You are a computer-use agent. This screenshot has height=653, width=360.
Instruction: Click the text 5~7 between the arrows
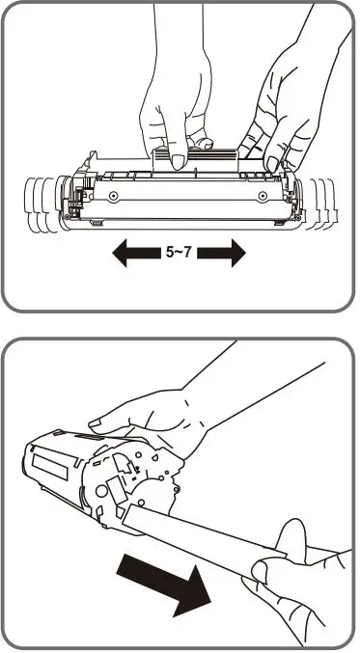tap(180, 254)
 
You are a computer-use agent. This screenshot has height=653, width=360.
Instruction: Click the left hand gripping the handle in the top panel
tap(174, 106)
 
